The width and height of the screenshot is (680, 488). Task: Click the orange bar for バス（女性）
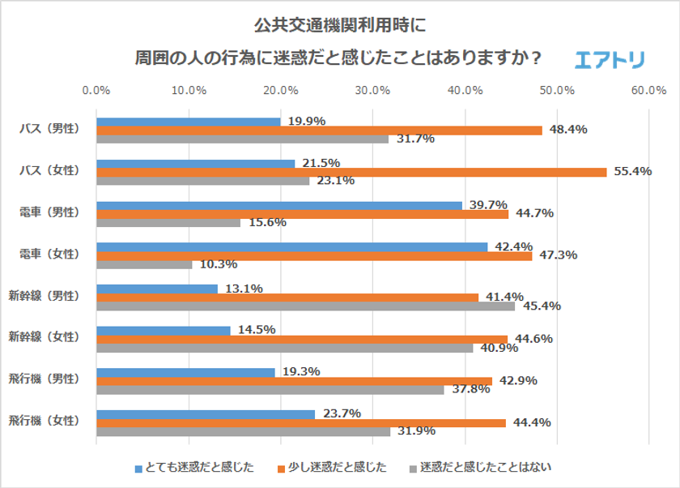(x=351, y=172)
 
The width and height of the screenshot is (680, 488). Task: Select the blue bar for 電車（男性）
(x=279, y=205)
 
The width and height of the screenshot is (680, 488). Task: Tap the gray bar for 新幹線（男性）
(x=305, y=306)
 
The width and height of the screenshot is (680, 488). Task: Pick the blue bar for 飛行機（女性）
(x=206, y=414)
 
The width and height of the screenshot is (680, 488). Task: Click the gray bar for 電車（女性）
(x=144, y=264)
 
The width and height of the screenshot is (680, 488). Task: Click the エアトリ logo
(x=609, y=59)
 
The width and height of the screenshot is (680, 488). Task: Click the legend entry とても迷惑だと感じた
(x=194, y=468)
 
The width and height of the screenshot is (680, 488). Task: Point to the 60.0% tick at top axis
(x=649, y=89)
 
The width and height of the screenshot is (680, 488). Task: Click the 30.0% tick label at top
(x=373, y=89)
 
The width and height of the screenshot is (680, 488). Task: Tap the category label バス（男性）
(x=50, y=130)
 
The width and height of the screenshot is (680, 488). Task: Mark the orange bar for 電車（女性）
(x=314, y=255)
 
